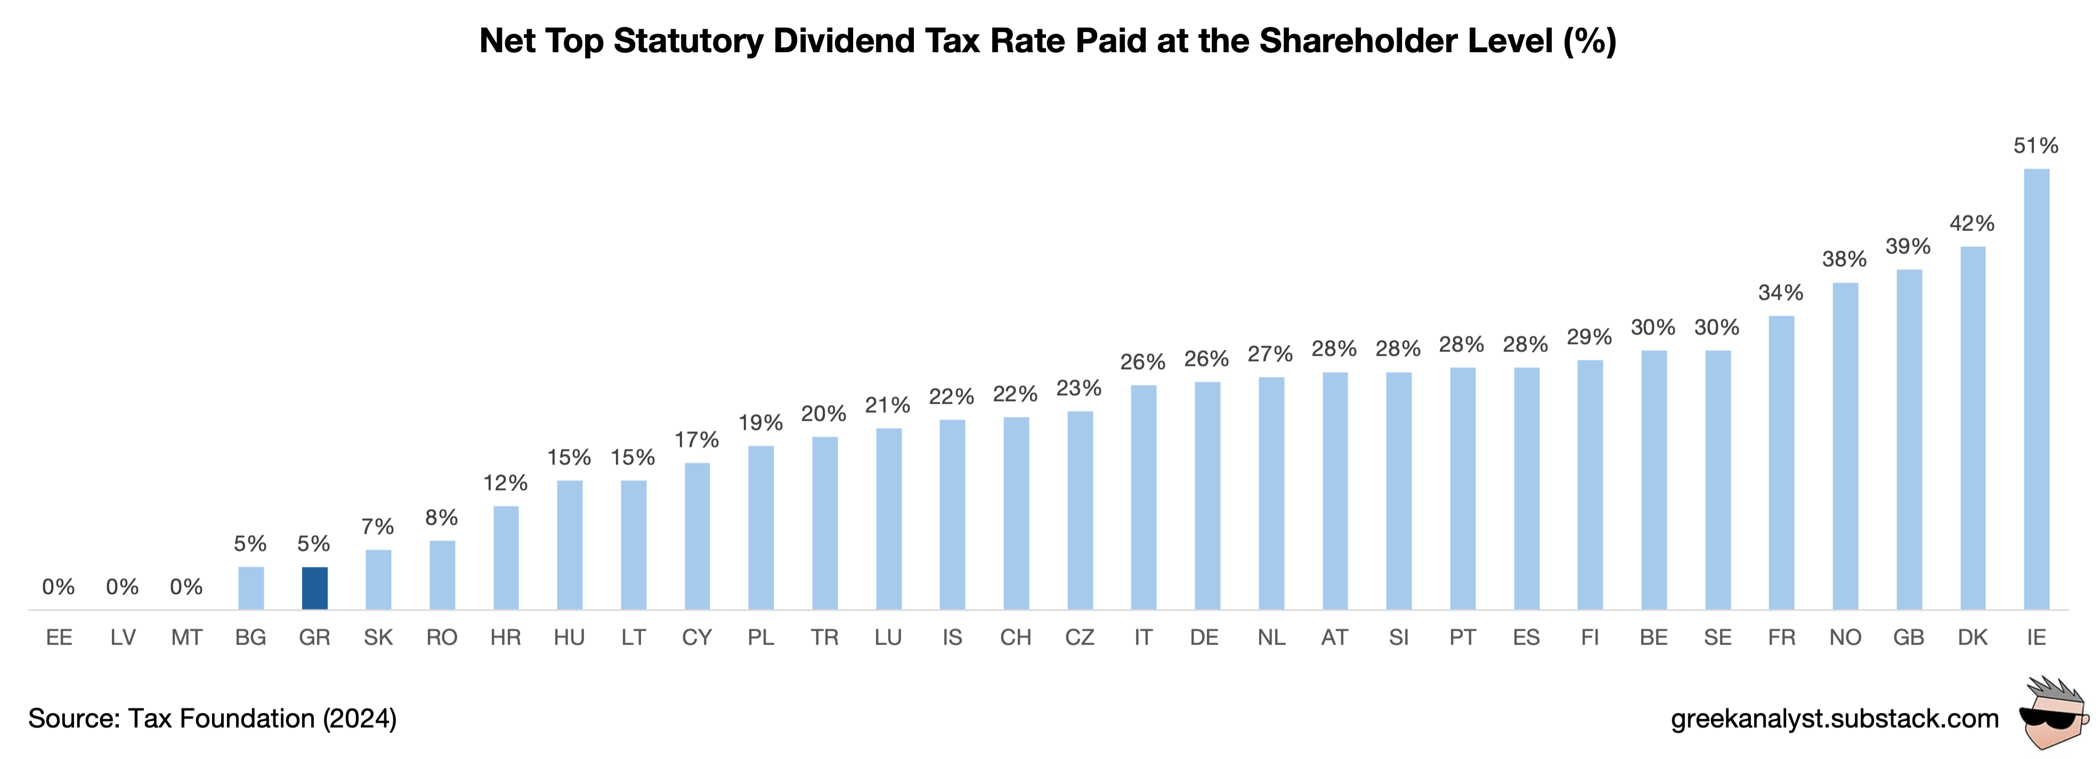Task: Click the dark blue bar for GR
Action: tap(315, 588)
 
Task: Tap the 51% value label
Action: tap(2036, 146)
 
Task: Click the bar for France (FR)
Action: tap(1781, 462)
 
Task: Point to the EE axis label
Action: tap(59, 638)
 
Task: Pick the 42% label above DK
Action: tap(1972, 223)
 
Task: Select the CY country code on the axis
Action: tap(697, 638)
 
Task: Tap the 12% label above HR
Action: tap(506, 484)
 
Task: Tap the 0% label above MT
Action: tap(186, 587)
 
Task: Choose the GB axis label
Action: tap(1908, 638)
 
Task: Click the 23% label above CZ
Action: tap(1079, 388)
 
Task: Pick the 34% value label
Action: tap(1780, 292)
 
